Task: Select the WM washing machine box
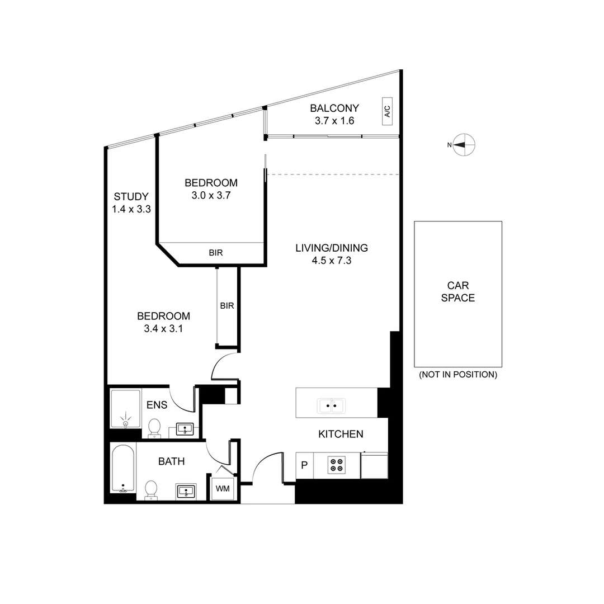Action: click(x=223, y=488)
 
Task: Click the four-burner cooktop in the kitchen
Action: click(x=337, y=465)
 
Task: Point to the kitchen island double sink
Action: click(x=332, y=405)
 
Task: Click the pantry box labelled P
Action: click(x=304, y=466)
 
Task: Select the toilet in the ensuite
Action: click(x=154, y=428)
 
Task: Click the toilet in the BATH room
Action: click(x=150, y=490)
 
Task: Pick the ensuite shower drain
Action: click(x=125, y=424)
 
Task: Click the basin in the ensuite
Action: click(x=185, y=430)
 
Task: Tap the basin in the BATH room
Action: click(x=186, y=492)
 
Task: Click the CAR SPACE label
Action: click(x=457, y=292)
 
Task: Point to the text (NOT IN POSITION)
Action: click(x=457, y=375)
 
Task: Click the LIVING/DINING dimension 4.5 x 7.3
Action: click(x=331, y=260)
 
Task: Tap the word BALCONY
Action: click(x=334, y=108)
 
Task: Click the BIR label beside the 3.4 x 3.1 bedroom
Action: click(x=226, y=306)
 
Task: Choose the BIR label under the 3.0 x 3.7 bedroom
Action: click(x=216, y=253)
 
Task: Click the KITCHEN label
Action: click(x=341, y=434)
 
